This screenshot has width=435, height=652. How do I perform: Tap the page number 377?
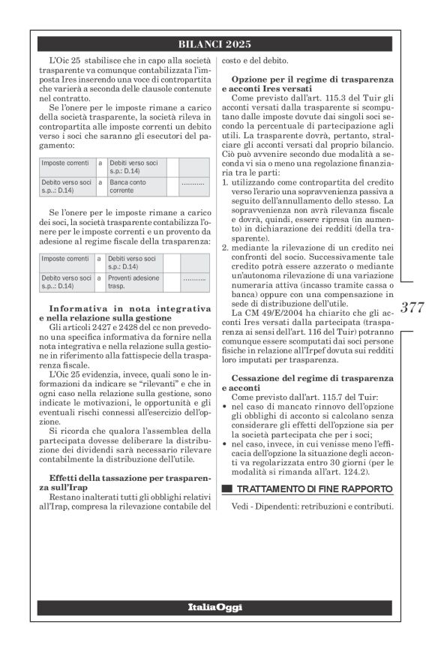pyautogui.click(x=412, y=307)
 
